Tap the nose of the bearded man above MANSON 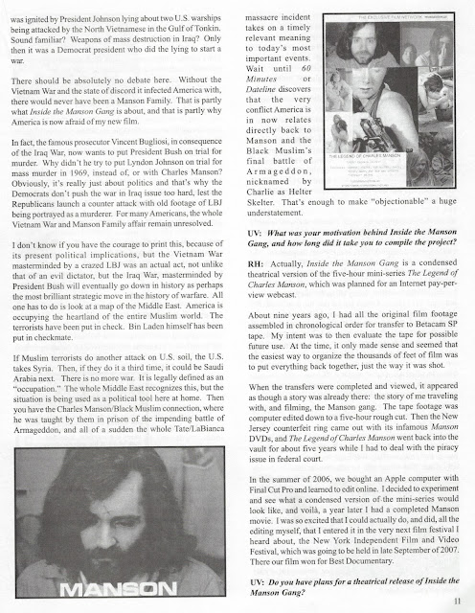pos(124,517)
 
